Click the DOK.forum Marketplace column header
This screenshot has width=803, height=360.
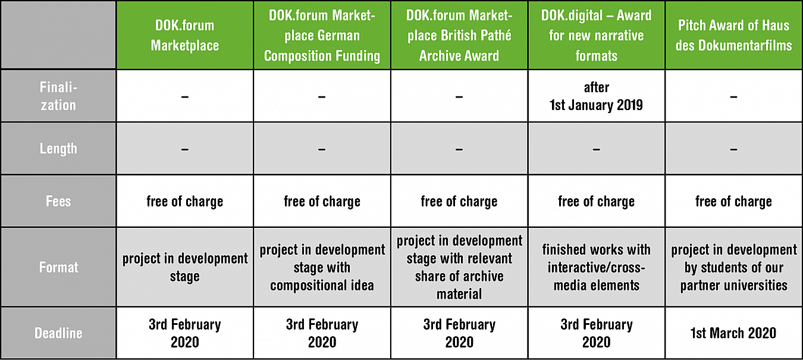pos(184,35)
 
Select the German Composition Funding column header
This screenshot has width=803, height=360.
pos(322,35)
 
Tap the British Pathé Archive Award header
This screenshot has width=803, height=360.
pos(459,35)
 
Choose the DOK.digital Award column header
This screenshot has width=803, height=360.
pos(596,35)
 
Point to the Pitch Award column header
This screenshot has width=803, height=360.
pos(733,35)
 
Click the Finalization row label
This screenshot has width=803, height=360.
pos(58,96)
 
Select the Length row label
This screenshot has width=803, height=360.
pos(58,148)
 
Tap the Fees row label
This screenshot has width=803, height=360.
pos(58,201)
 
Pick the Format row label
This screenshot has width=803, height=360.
pos(58,267)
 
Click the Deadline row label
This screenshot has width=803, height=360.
pos(58,333)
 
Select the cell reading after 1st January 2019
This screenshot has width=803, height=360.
pos(596,96)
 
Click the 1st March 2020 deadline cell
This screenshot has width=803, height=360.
pos(733,333)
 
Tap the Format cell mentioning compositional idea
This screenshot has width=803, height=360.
pos(322,267)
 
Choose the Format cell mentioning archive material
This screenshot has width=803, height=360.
pos(459,267)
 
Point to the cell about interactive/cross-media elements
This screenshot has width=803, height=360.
pos(596,267)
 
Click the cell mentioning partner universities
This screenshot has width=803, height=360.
pos(733,267)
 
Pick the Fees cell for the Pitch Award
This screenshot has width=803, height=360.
pos(733,201)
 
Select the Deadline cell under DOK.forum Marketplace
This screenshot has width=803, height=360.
pos(184,333)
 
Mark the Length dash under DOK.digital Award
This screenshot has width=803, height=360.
pos(596,149)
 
